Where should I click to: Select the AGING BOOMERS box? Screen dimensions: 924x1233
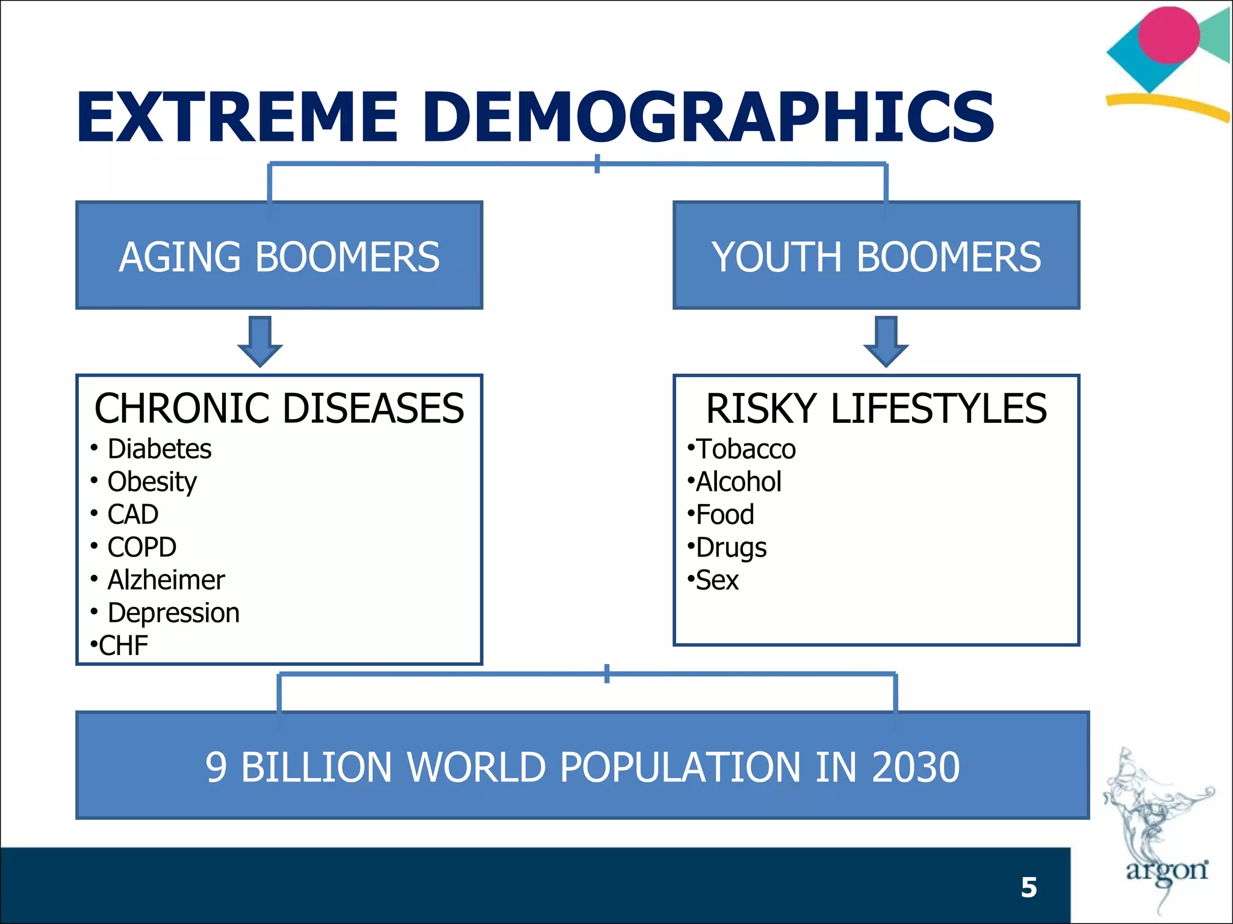point(279,256)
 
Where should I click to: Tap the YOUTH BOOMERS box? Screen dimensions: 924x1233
point(876,256)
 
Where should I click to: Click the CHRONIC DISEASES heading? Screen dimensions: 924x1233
point(279,408)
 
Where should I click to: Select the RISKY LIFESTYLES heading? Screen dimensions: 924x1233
point(876,408)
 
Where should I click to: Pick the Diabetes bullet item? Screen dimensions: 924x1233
point(159,449)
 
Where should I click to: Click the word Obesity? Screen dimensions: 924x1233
point(152,482)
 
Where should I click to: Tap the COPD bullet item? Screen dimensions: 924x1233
point(141,547)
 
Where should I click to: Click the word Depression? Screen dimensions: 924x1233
point(173,613)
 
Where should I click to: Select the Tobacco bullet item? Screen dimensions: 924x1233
point(745,449)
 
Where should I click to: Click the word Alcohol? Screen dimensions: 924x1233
point(738,482)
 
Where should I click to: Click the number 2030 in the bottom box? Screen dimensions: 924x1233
point(915,768)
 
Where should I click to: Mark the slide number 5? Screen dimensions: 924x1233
point(1029,887)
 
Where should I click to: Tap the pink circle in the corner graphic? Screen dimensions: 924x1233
point(1169,35)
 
